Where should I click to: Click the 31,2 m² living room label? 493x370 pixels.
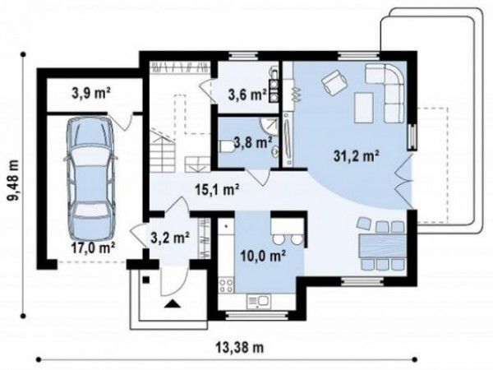(x=356, y=156)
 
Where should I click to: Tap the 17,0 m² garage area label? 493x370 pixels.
(x=93, y=248)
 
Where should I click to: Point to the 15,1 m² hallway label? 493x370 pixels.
(x=218, y=190)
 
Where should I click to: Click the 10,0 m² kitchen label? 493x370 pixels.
(x=263, y=256)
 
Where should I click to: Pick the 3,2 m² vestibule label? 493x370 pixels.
(x=170, y=238)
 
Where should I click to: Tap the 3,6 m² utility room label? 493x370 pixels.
(x=247, y=95)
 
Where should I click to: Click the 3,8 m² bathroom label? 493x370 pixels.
(x=252, y=142)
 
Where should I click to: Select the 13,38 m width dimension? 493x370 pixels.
(x=240, y=347)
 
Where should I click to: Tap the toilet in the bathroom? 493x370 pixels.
(x=228, y=146)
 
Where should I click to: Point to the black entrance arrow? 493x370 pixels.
(x=172, y=303)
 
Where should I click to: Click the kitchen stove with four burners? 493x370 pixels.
(x=226, y=285)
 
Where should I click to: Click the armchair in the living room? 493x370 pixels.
(x=334, y=81)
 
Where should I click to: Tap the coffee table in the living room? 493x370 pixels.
(x=364, y=107)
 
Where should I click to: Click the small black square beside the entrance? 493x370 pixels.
(x=145, y=280)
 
